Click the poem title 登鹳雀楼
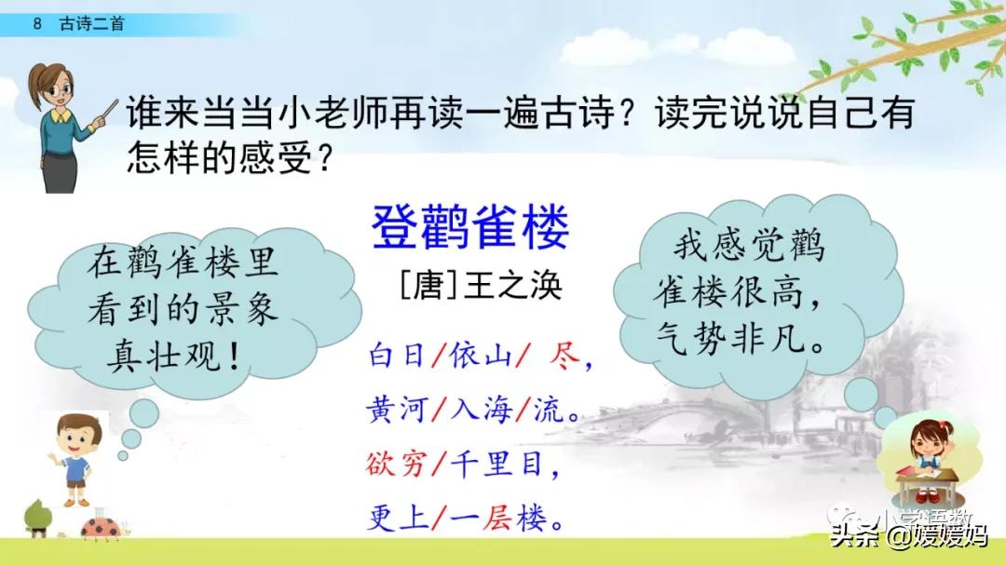(x=470, y=228)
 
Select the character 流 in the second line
(x=549, y=409)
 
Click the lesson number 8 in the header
(x=37, y=25)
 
